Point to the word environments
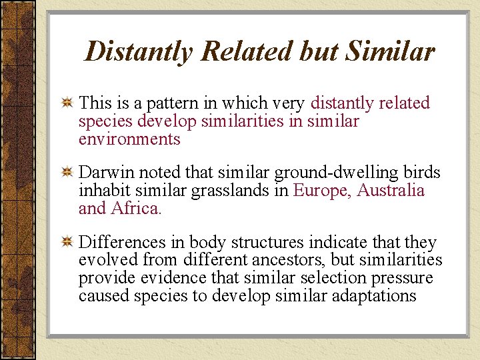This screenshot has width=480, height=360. (129, 139)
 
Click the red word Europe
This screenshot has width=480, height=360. (321, 191)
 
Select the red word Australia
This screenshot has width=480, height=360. (391, 191)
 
